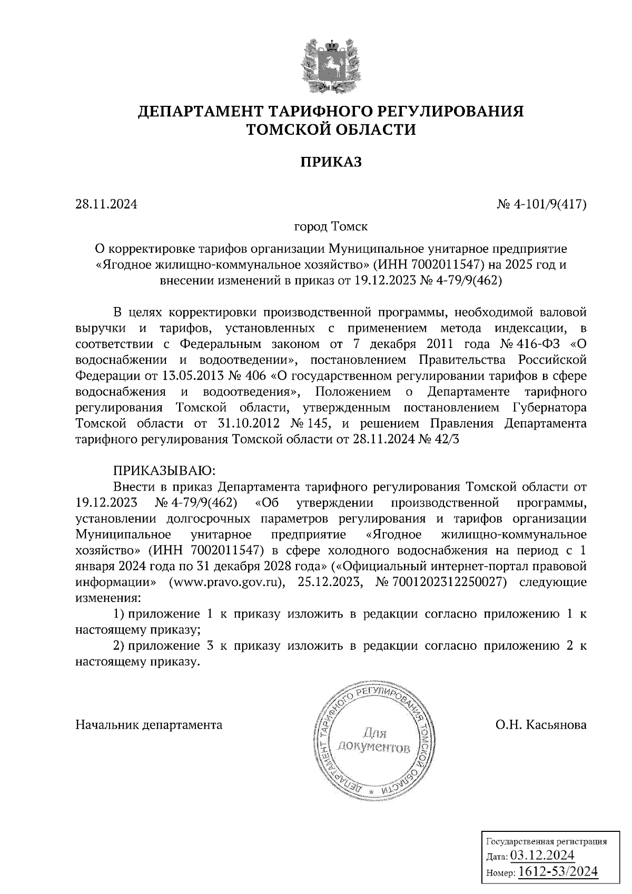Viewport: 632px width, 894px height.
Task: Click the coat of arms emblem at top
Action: point(331,64)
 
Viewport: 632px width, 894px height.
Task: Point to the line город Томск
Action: point(331,227)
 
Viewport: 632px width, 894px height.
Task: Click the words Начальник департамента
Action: point(149,725)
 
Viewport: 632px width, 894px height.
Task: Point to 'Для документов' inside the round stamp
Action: point(373,740)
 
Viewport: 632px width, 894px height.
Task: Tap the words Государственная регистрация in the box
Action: point(546,841)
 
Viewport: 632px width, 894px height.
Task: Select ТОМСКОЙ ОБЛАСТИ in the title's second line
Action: point(331,130)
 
